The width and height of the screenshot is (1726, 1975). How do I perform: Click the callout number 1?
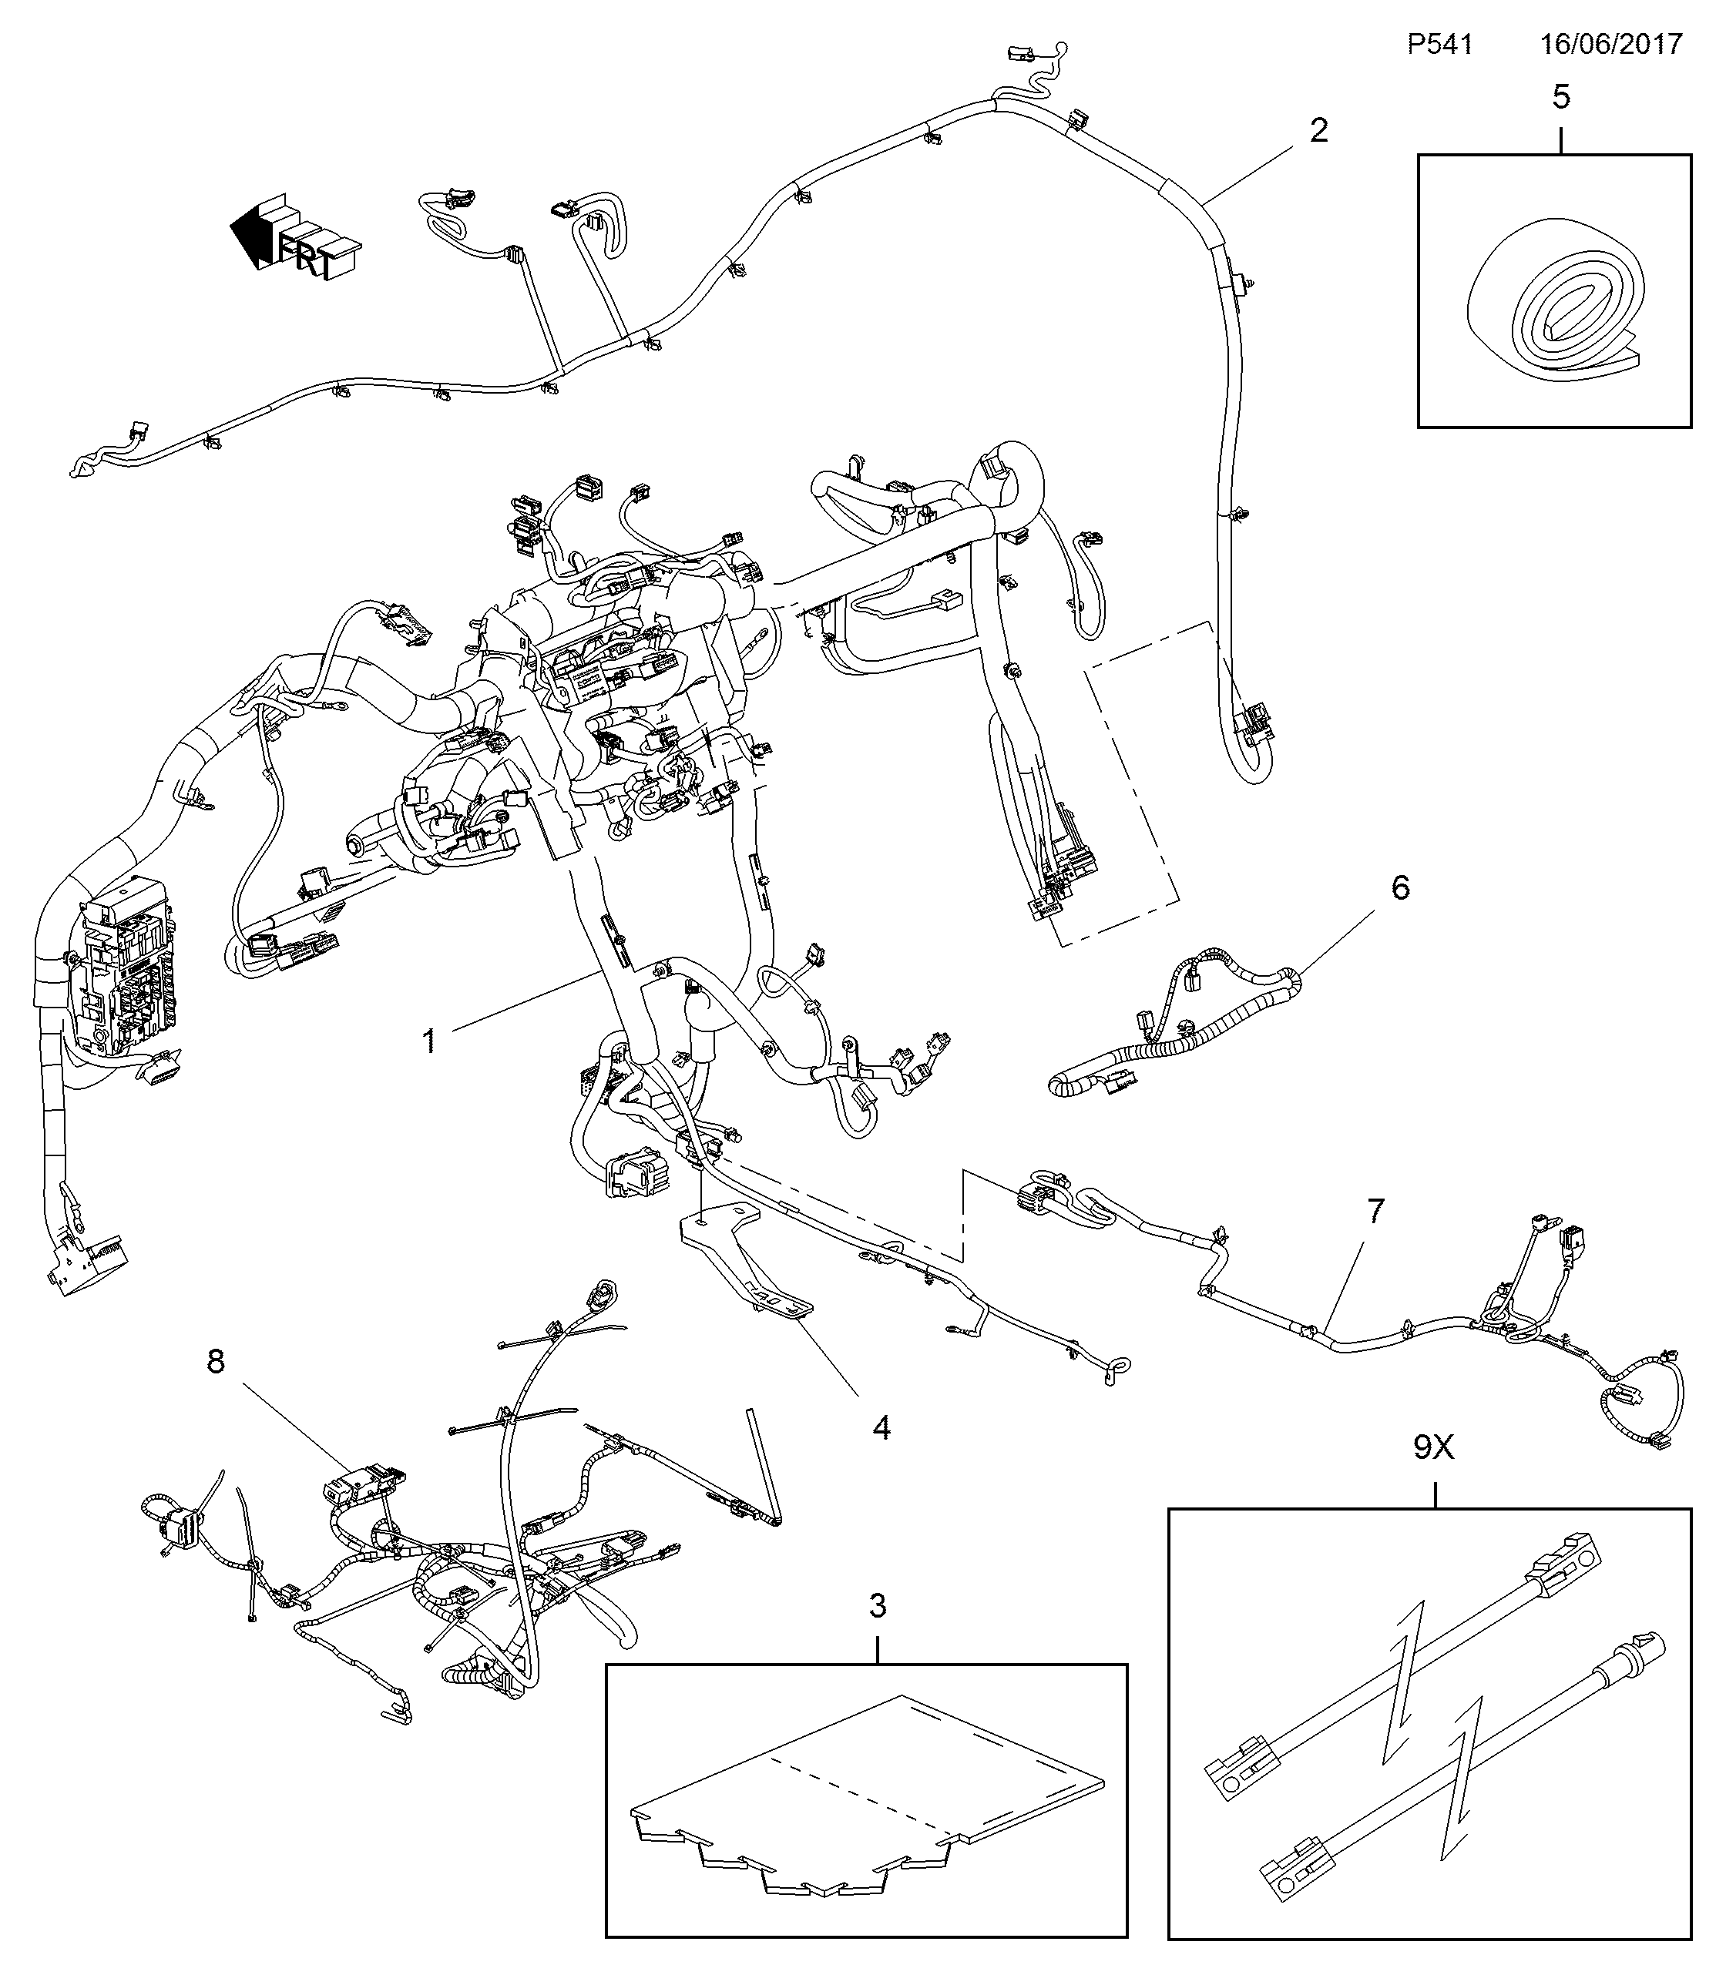(430, 1040)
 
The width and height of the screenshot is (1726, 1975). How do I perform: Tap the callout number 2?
(1318, 130)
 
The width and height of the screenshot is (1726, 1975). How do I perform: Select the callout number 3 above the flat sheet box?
(878, 1605)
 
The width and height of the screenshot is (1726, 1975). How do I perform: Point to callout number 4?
(881, 1427)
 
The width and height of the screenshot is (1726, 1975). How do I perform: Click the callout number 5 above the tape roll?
(1561, 96)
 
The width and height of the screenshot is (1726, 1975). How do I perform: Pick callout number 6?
(1401, 887)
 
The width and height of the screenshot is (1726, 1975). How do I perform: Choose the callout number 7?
(1375, 1212)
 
